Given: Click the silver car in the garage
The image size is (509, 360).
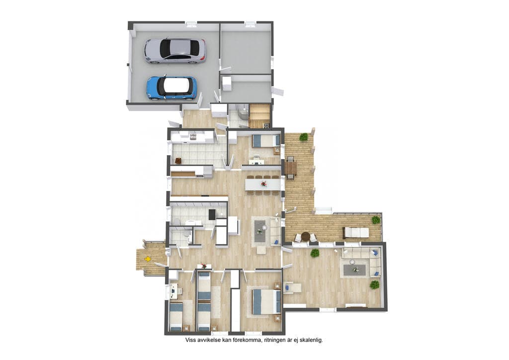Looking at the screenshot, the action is [175, 51].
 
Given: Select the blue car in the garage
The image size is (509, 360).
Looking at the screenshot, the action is [171, 88].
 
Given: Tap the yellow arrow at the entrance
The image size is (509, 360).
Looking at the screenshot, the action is [148, 259].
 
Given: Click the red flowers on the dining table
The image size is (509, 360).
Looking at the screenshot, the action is [263, 184].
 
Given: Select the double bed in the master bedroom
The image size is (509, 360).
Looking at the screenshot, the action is [266, 301].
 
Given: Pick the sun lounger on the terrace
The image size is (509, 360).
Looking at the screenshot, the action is [356, 232].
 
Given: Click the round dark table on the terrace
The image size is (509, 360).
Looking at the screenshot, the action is [306, 236].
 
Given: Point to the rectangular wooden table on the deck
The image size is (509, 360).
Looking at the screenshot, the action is [291, 168].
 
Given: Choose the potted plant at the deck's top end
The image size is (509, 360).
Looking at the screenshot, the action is [304, 137].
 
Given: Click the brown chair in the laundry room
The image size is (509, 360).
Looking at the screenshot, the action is [178, 161].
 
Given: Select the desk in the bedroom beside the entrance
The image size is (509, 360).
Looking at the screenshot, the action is [173, 290].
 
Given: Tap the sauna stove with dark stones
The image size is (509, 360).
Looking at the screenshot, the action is [266, 125].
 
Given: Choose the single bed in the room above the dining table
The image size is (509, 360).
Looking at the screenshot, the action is [266, 141].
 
